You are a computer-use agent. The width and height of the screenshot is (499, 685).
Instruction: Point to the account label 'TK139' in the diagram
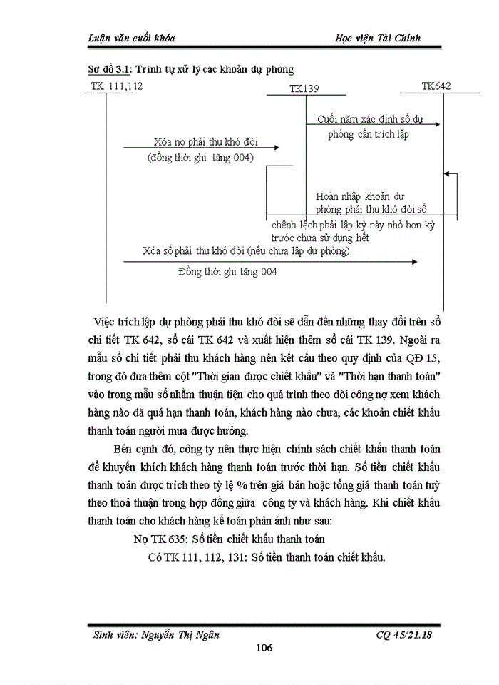point(304,88)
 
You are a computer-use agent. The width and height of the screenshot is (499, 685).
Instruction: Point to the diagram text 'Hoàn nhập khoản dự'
point(360,196)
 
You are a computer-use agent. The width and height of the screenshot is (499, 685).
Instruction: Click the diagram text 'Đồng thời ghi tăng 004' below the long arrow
point(228,271)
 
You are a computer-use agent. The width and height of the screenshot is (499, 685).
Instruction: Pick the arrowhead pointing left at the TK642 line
point(446,173)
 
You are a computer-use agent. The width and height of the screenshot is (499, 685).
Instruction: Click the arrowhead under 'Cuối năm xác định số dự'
point(433,123)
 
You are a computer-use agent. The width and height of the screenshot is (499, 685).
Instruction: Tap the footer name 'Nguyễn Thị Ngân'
point(187,634)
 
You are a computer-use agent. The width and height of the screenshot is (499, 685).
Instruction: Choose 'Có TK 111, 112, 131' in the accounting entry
point(197,557)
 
